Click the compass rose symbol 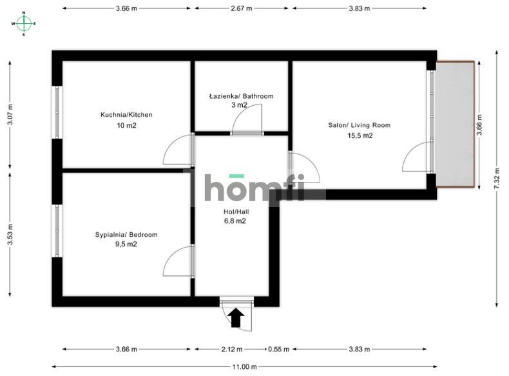(24, 23)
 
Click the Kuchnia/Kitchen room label (126, 115)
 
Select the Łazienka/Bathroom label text (241, 96)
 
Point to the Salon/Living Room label (360, 125)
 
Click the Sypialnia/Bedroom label (126, 235)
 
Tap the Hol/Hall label (236, 212)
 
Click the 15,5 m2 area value (360, 136)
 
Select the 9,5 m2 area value (126, 244)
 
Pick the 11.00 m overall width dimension (244, 367)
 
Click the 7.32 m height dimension (497, 179)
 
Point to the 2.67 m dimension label (242, 8)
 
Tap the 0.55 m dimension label (278, 350)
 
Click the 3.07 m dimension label (10, 115)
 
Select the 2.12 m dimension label (232, 350)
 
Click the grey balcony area (455, 124)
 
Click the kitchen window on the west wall (57, 112)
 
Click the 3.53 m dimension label (10, 234)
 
